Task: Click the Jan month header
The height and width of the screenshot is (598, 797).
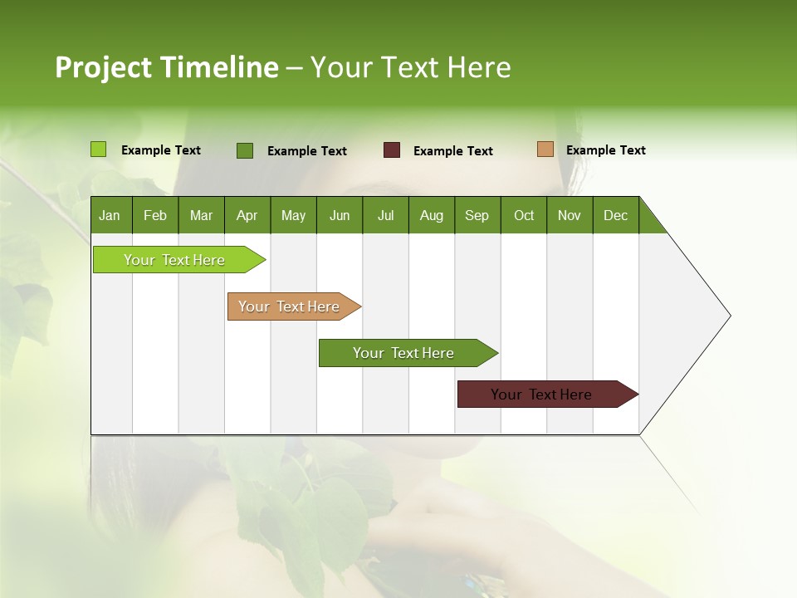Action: pos(110,215)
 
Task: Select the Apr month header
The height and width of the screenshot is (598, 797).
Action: pos(247,215)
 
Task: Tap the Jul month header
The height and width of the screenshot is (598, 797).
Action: pos(385,215)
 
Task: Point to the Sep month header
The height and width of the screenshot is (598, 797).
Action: pos(477,215)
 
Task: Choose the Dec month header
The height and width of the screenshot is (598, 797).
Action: pos(615,215)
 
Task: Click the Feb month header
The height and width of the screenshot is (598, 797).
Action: pos(155,215)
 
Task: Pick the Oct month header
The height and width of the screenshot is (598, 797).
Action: pos(524,215)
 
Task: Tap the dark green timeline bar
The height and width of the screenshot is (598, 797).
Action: pos(404,353)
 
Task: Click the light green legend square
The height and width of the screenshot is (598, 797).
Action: pos(99,149)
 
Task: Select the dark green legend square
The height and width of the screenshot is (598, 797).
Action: pos(245,150)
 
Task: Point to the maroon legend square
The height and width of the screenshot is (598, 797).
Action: pos(392,150)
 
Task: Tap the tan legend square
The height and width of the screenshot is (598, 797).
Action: pos(545,149)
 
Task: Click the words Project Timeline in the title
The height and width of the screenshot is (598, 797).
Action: pos(166,67)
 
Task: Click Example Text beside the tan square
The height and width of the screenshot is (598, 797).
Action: pos(605,150)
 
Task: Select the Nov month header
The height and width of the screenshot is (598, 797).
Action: pos(570,215)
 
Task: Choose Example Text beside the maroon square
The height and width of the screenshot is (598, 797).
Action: pos(452,151)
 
